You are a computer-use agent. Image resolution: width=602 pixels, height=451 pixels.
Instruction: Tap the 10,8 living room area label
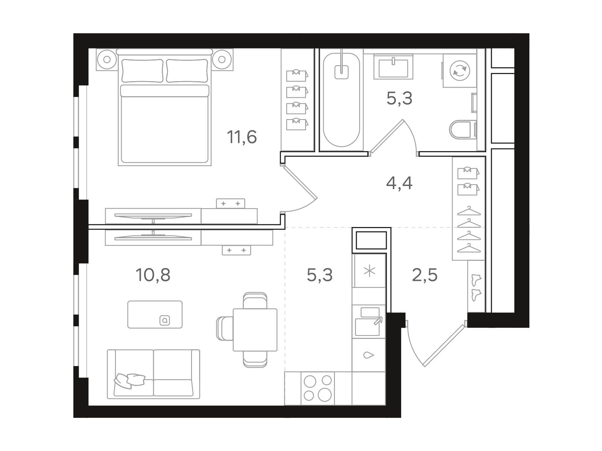click(x=153, y=275)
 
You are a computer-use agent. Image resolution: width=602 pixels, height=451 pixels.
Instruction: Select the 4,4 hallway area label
click(x=399, y=183)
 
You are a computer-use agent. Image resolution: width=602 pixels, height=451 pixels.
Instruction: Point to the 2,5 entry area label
click(x=424, y=275)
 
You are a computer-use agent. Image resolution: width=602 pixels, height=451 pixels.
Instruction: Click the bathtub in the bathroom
click(x=341, y=100)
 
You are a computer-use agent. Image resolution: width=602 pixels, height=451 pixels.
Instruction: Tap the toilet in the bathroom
click(x=463, y=129)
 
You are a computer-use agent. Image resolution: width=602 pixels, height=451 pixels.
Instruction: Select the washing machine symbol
click(x=460, y=71)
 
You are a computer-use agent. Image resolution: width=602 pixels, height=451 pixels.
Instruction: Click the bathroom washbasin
click(x=393, y=67)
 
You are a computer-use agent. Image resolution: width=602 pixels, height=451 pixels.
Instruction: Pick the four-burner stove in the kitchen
click(x=318, y=388)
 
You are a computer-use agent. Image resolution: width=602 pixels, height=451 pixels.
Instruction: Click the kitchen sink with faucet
click(x=369, y=321)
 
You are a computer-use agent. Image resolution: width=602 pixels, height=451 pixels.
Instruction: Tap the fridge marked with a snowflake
click(x=369, y=271)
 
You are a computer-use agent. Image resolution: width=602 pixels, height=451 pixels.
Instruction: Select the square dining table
click(x=255, y=330)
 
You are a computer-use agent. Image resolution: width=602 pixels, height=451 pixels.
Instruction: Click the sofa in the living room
click(x=153, y=374)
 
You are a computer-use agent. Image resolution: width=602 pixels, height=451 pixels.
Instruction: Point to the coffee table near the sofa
click(x=155, y=314)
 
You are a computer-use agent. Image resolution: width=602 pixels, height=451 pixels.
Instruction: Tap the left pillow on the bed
click(x=142, y=71)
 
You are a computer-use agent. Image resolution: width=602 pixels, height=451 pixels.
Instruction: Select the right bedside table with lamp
click(x=222, y=59)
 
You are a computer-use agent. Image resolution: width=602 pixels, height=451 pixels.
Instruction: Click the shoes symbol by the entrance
click(x=476, y=288)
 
